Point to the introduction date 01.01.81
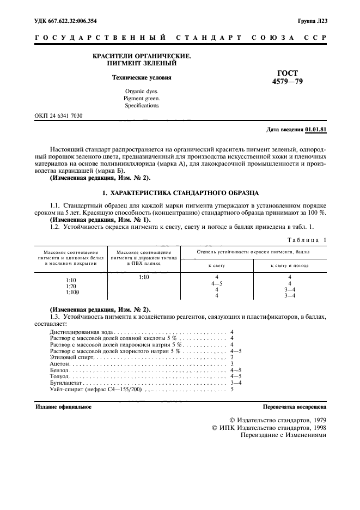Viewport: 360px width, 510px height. pos(316,129)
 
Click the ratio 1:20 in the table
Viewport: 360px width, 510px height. pos(71,286)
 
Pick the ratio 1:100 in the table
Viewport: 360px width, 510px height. pos(71,293)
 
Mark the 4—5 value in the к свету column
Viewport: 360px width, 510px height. pos(217,283)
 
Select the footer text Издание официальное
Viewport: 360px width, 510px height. pos(63,407)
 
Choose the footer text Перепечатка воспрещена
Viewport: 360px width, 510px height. pos(294,407)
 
